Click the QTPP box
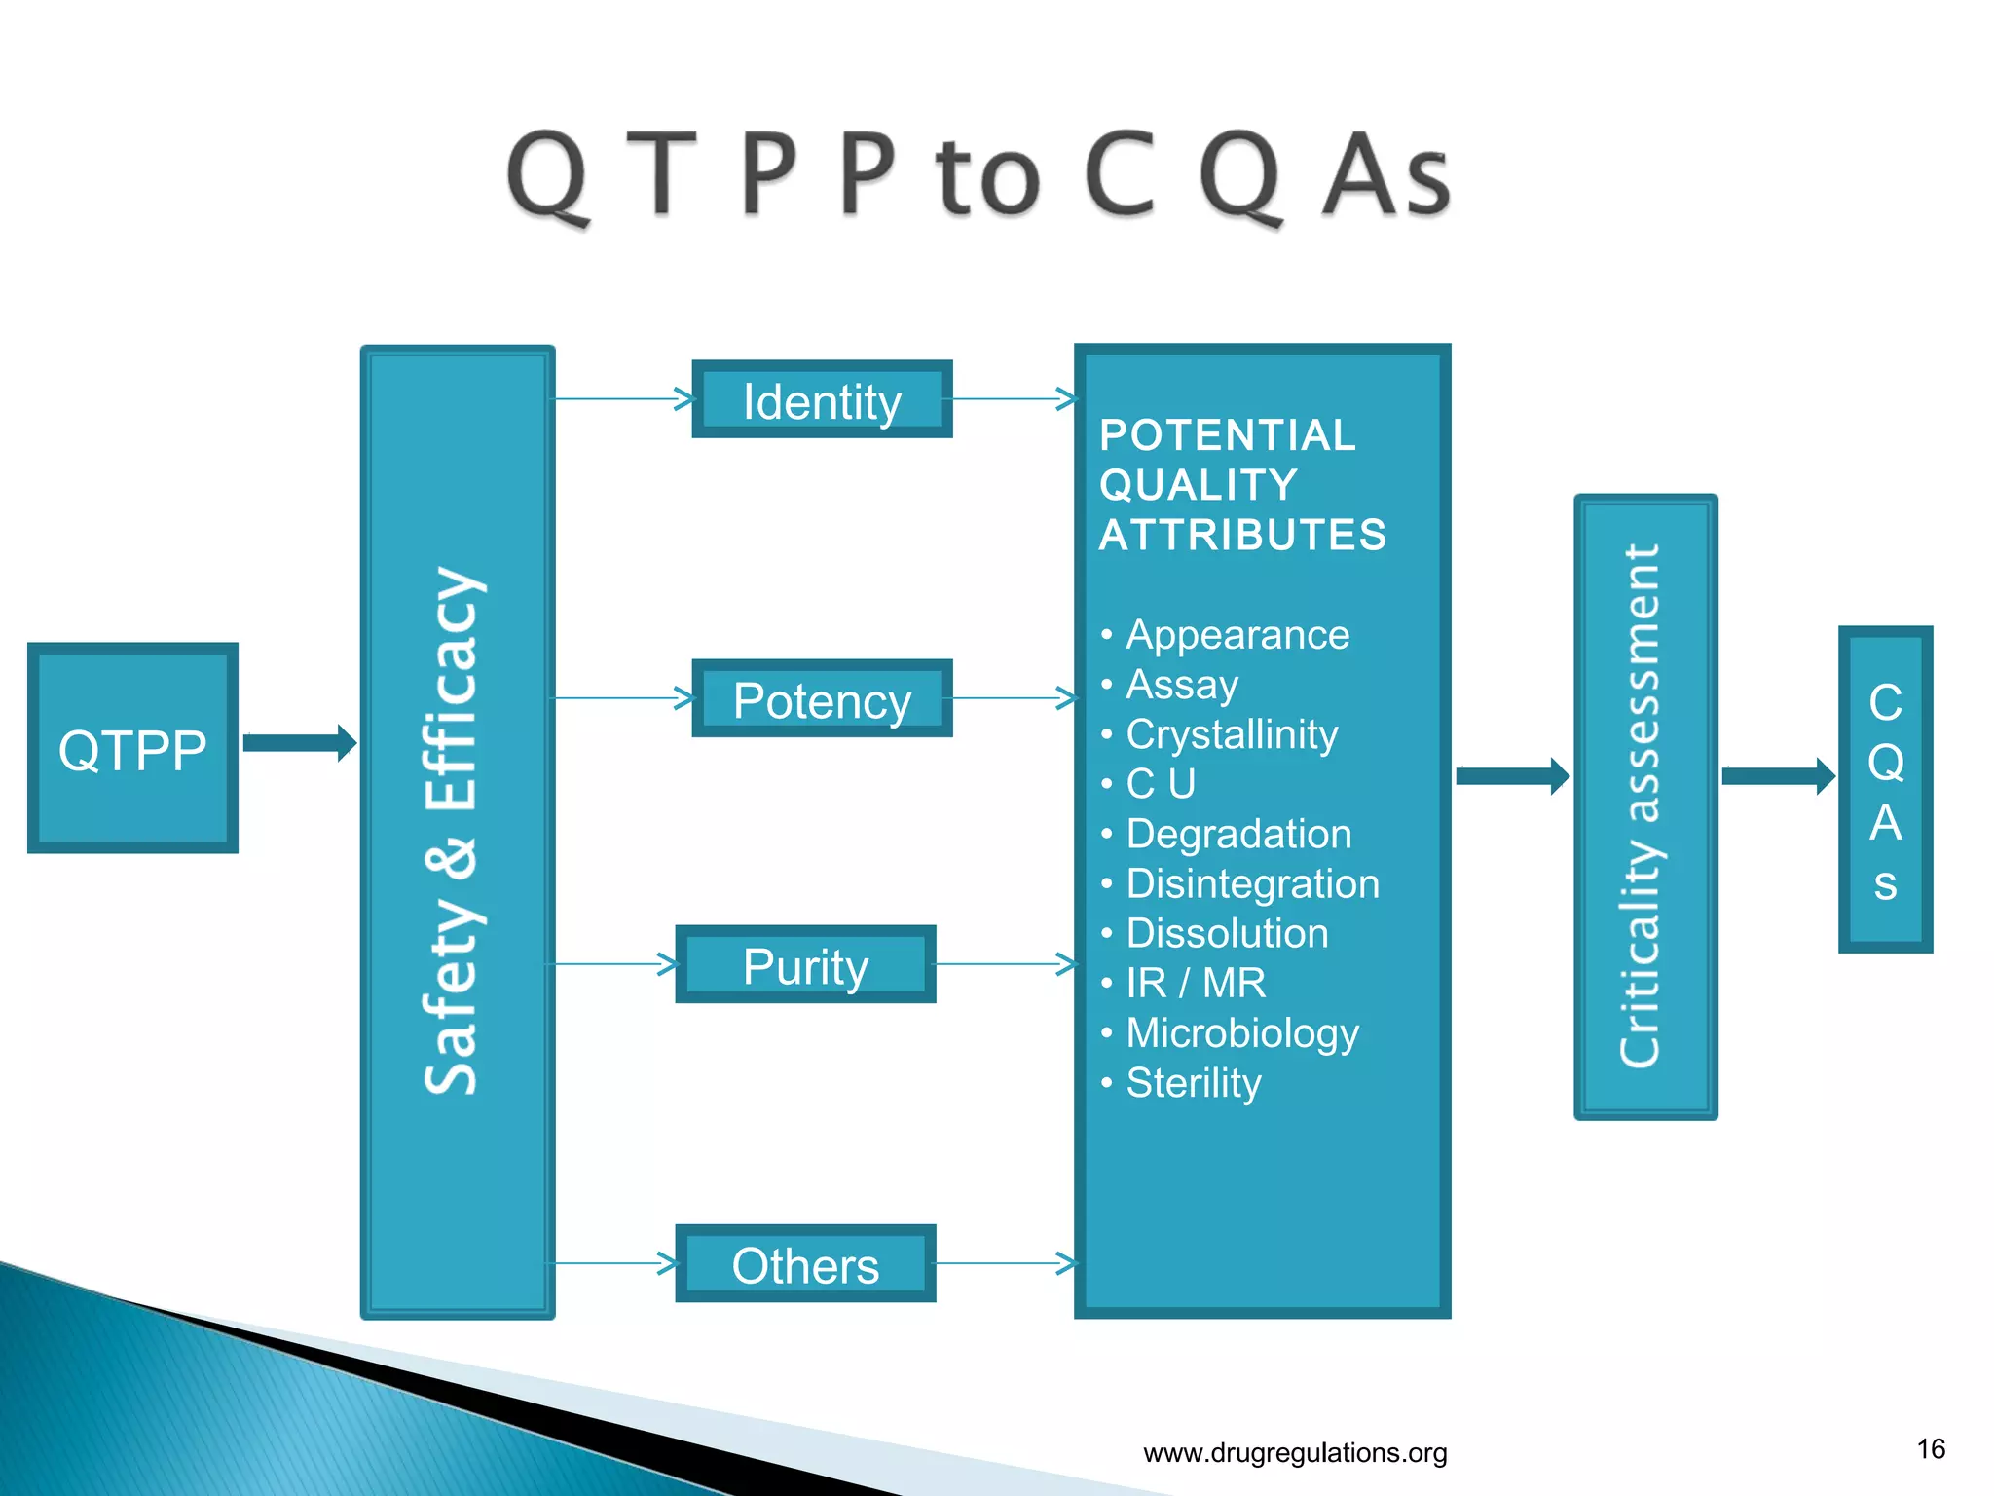[132, 748]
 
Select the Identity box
[822, 399]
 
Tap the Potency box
[822, 698]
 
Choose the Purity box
[805, 964]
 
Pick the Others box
[805, 1263]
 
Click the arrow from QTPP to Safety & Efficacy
[299, 743]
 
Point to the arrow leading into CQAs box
[1777, 776]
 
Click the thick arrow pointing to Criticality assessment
[1512, 776]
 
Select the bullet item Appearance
[1237, 635]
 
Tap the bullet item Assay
[1182, 685]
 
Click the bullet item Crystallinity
[1232, 734]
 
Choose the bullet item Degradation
[1238, 834]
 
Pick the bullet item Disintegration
[1252, 883]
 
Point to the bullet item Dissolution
[1227, 933]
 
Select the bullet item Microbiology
[1241, 1033]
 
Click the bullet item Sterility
[1193, 1083]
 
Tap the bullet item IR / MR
[1196, 984]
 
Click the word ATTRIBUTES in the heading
[1242, 535]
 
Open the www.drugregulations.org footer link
[1295, 1453]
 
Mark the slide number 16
[1931, 1449]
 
